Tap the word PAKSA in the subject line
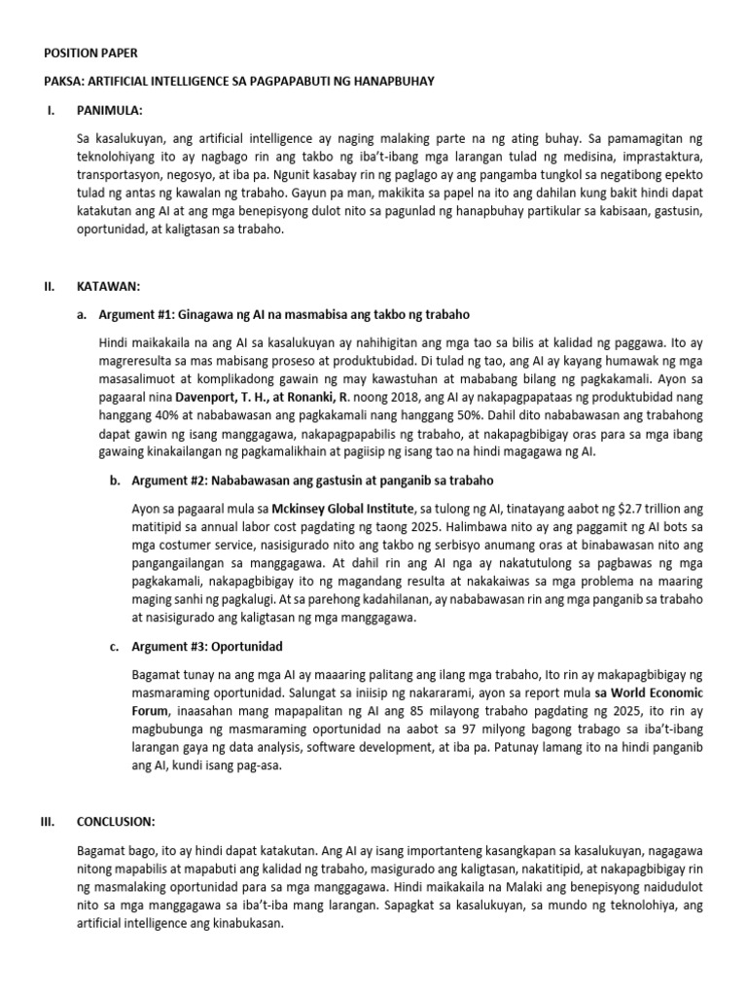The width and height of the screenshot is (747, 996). [x=63, y=82]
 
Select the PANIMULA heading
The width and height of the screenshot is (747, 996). [x=109, y=112]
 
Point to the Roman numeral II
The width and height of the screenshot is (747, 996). [x=50, y=287]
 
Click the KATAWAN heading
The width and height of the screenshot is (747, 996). [x=109, y=287]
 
